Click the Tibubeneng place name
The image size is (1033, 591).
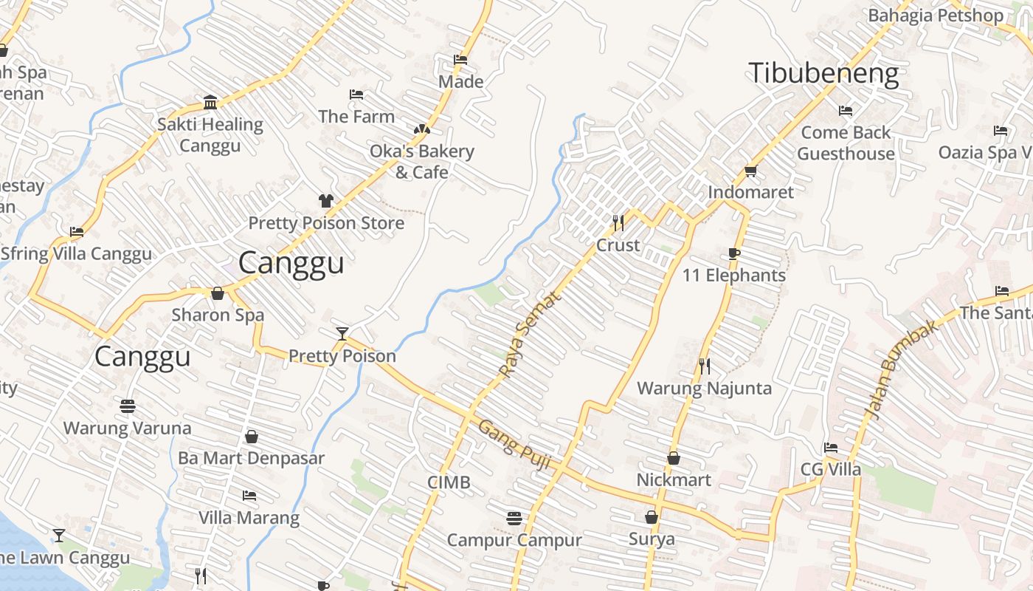(823, 74)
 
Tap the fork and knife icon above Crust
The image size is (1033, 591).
(618, 222)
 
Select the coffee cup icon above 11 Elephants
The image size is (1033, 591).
(733, 253)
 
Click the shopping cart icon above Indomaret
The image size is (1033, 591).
(750, 171)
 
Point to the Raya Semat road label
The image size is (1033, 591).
(530, 333)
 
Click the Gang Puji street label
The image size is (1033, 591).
(515, 445)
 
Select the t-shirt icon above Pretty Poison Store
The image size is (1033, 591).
(325, 200)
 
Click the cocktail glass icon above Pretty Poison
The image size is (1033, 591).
(342, 334)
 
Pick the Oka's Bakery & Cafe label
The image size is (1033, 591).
(421, 161)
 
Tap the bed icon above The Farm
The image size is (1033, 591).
(356, 95)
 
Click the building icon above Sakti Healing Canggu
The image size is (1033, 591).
(210, 102)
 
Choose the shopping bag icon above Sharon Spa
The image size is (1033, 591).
(218, 293)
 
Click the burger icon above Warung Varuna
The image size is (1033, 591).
(127, 406)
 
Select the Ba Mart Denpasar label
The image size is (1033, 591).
(251, 458)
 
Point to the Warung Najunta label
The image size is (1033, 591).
(704, 388)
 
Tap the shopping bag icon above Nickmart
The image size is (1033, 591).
(673, 458)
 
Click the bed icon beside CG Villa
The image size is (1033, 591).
(831, 448)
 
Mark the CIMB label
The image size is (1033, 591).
(449, 482)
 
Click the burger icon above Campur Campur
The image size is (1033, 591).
(514, 519)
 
